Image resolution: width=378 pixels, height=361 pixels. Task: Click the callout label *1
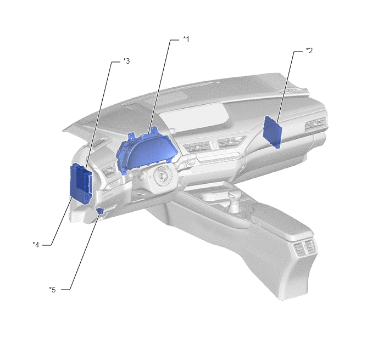point(186,39)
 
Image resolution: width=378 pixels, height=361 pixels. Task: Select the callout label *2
point(309,50)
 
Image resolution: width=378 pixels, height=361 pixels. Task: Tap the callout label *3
point(126,61)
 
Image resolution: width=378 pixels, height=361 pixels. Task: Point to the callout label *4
point(36,245)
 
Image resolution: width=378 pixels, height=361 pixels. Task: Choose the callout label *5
point(52,290)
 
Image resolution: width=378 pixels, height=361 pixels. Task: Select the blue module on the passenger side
point(273,132)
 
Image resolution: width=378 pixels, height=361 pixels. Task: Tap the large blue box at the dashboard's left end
point(81,183)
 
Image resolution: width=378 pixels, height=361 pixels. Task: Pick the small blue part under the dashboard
point(100,211)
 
